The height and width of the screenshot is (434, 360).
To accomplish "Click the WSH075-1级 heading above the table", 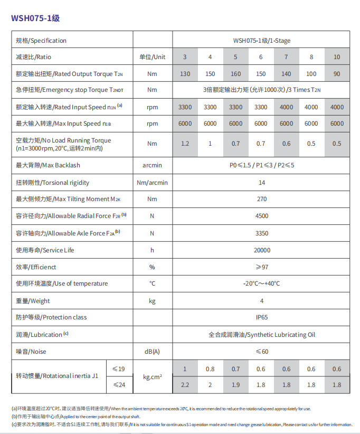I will [35, 18].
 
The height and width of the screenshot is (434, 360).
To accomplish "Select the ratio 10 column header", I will [336, 57].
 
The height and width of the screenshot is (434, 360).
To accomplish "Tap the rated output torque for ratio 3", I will [185, 74].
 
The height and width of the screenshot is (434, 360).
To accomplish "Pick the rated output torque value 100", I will [311, 74].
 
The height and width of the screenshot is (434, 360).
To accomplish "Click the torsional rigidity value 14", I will [261, 183].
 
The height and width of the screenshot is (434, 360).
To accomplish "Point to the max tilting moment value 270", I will [261, 199].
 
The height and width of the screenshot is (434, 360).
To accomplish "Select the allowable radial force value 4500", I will [261, 216].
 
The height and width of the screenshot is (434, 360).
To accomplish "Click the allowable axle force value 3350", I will [261, 233].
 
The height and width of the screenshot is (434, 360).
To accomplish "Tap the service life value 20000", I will [261, 250].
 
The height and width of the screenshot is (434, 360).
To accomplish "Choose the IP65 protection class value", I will [261, 317].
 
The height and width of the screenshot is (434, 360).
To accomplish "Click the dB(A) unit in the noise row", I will [152, 352].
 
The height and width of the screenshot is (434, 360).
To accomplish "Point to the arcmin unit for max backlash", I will [152, 165].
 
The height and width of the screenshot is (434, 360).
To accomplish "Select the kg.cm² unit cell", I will [152, 377].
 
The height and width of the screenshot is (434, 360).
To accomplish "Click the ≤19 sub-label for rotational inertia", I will [119, 369].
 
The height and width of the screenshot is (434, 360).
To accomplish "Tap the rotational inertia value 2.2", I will [185, 385].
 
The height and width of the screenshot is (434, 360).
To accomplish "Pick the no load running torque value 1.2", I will [185, 144].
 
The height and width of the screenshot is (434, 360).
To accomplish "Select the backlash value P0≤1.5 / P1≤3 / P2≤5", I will [261, 165].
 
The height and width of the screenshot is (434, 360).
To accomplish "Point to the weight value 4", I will [261, 301].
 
